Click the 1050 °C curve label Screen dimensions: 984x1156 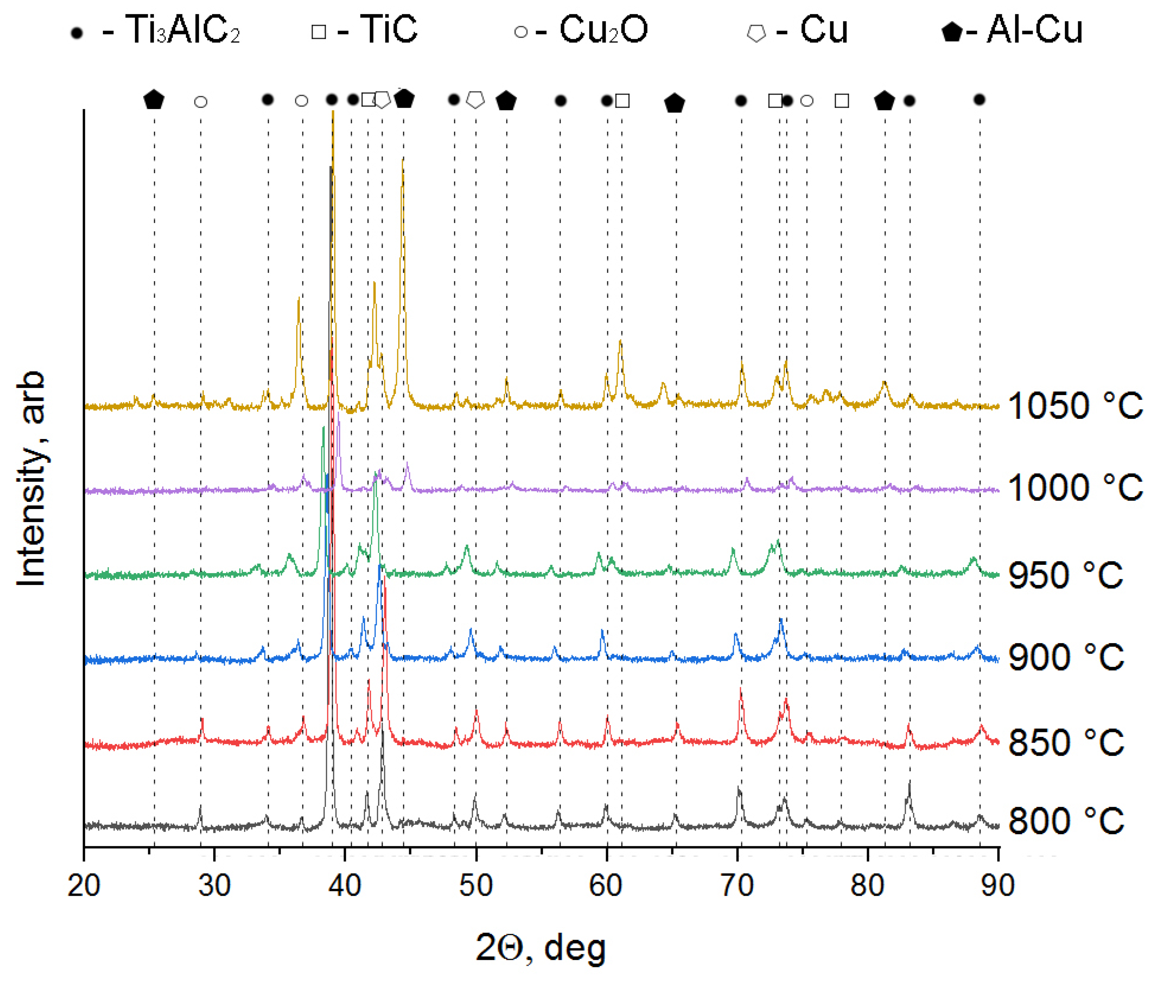point(1075,405)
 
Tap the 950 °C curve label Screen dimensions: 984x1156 point(1065,575)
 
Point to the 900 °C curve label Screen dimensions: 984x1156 point(1065,657)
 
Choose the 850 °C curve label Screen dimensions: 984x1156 point(1065,742)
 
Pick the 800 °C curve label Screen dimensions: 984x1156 point(1065,821)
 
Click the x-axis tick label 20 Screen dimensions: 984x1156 point(84,885)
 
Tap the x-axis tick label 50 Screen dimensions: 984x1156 point(476,885)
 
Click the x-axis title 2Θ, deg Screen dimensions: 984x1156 point(540,948)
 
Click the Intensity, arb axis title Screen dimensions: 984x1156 point(31,479)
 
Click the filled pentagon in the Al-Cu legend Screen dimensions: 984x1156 point(952,32)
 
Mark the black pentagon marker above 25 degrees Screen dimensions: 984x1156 point(153,99)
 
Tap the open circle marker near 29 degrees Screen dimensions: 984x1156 point(201,102)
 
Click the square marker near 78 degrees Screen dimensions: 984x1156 point(841,101)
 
